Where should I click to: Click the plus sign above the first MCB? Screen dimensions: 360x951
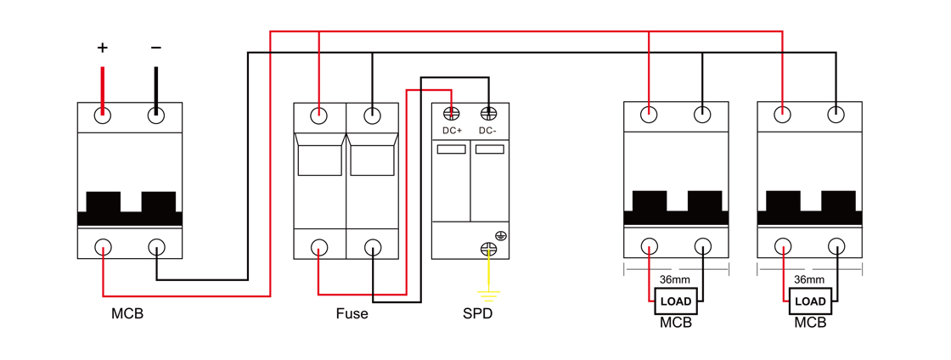coord(103,48)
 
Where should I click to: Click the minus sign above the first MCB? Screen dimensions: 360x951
coord(155,48)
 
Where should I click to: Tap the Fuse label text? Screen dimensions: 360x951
coord(352,313)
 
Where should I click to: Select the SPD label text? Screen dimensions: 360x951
coord(477,313)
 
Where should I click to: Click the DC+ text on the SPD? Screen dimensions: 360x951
coord(452,131)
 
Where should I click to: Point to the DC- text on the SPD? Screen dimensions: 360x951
coord(487,131)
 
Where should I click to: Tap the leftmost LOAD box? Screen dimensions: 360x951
coord(676,301)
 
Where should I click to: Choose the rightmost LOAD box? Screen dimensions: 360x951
coord(810,301)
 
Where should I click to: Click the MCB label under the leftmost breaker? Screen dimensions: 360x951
coord(127,313)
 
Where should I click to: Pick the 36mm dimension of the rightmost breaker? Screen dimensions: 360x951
coord(809,278)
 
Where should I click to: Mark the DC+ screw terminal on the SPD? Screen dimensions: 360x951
coord(452,113)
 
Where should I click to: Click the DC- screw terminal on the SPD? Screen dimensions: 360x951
coord(488,113)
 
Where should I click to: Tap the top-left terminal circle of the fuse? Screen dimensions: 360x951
coord(319,115)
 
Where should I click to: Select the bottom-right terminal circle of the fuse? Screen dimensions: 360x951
coord(372,247)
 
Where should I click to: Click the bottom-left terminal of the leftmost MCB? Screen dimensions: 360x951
coord(103,247)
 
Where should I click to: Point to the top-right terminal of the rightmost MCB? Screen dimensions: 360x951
coord(836,114)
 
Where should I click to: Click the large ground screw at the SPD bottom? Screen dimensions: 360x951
coord(488,248)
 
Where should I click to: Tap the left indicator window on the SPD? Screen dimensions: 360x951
coord(452,149)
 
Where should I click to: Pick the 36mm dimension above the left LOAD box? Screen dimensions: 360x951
coord(675,278)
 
